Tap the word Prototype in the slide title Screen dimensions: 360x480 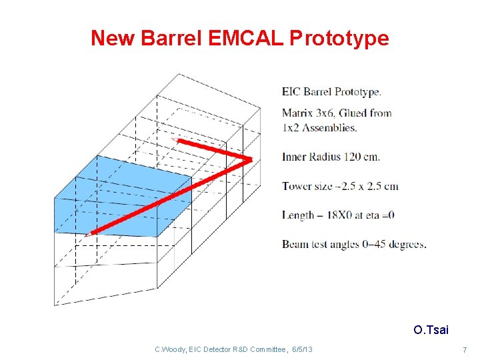pos(339,38)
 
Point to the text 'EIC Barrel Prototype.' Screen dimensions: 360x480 pos(331,92)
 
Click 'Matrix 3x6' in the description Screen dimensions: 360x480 pos(311,113)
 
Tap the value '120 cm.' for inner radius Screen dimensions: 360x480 pos(362,157)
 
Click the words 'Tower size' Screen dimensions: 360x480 pos(306,186)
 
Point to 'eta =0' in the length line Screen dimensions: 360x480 pos(380,215)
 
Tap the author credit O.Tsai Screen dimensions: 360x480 pos(431,330)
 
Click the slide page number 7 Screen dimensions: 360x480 pos(465,350)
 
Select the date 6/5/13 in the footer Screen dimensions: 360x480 pos(302,349)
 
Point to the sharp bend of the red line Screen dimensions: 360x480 pos(250,159)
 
